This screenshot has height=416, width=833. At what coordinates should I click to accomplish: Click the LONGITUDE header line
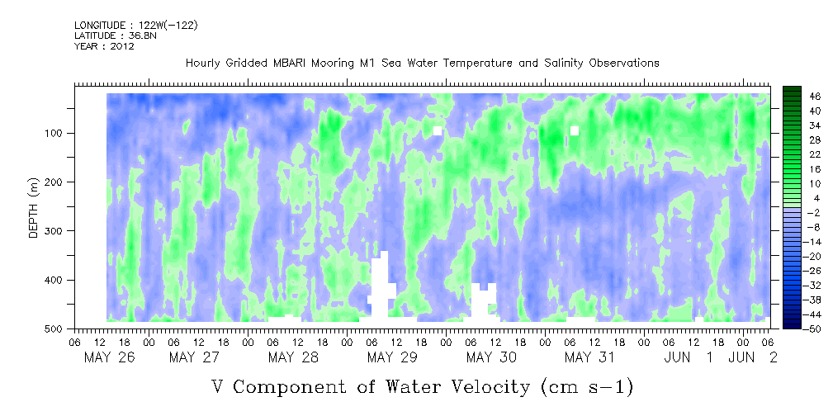pyautogui.click(x=136, y=25)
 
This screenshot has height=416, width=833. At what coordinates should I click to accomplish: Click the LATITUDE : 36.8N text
pyautogui.click(x=116, y=35)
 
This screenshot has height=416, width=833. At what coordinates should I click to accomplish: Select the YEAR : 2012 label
pyautogui.click(x=104, y=46)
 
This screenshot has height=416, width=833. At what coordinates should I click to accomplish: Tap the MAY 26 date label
pyautogui.click(x=110, y=357)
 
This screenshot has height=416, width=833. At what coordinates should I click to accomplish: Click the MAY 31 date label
pyautogui.click(x=589, y=357)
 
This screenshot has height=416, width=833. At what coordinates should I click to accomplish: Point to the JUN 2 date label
pyautogui.click(x=753, y=357)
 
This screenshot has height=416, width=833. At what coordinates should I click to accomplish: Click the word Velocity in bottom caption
pyautogui.click(x=485, y=386)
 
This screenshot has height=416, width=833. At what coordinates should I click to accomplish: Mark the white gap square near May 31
pyautogui.click(x=575, y=130)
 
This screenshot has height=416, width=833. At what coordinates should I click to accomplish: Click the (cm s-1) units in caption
pyautogui.click(x=587, y=387)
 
